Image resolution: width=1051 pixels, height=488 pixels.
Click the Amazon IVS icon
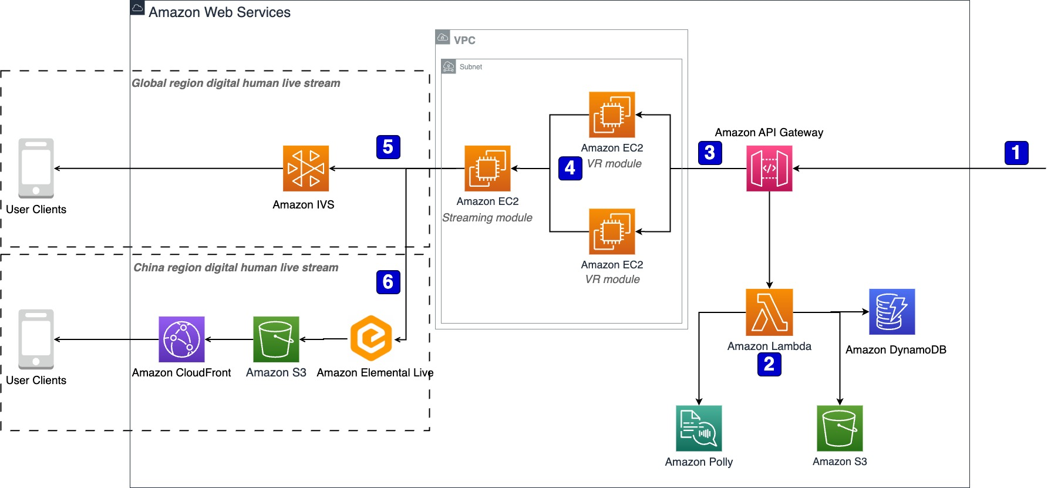tap(305, 169)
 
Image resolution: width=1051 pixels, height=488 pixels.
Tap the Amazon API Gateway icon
tap(769, 169)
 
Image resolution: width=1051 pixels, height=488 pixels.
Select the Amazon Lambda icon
tap(769, 312)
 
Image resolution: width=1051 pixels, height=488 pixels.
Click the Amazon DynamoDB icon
tap(892, 312)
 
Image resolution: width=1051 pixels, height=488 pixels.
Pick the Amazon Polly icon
tap(699, 428)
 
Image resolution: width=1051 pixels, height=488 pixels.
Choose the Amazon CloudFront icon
tap(181, 339)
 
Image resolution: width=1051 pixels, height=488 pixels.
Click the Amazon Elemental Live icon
tap(371, 338)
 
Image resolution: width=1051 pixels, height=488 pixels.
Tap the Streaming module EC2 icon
tap(487, 169)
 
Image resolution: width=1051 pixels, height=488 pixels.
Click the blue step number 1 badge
tap(1016, 153)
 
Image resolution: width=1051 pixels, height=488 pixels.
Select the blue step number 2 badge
tap(769, 365)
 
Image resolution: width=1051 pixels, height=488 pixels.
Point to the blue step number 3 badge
tap(710, 153)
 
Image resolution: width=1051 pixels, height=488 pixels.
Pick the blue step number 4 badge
tap(570, 169)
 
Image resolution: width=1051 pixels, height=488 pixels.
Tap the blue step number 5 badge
tap(388, 147)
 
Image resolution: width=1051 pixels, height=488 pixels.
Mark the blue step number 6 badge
tap(388, 282)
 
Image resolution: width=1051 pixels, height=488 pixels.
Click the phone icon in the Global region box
tap(36, 169)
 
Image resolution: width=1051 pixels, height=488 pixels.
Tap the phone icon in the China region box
tap(36, 339)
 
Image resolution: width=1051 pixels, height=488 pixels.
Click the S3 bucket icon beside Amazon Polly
tap(840, 428)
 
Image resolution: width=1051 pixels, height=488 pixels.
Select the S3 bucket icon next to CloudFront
tap(276, 339)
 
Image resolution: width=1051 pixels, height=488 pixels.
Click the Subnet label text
tap(471, 67)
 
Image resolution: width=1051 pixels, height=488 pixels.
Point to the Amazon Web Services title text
tap(220, 12)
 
